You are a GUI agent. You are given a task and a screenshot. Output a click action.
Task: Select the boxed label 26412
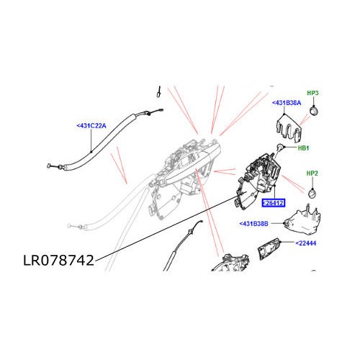point(274,204)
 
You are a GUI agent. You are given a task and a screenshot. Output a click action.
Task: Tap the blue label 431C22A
point(91,126)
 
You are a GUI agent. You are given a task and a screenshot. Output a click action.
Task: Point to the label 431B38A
point(289,104)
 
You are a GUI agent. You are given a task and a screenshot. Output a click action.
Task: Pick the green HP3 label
point(312,94)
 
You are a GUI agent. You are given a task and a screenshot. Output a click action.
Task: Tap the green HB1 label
point(303,148)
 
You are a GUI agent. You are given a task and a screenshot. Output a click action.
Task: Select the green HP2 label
point(312,174)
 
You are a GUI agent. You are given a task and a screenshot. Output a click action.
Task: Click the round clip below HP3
point(315,110)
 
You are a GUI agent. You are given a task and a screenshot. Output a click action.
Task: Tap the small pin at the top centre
point(158,93)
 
